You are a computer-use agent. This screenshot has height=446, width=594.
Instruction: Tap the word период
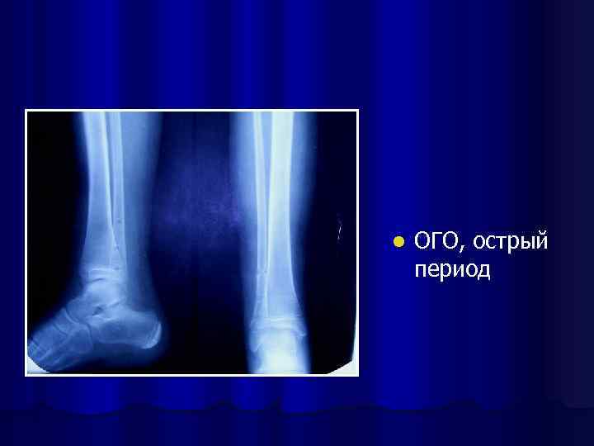(x=452, y=270)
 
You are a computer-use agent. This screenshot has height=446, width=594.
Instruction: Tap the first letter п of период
(x=421, y=272)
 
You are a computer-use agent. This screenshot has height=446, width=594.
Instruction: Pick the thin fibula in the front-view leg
(x=259, y=190)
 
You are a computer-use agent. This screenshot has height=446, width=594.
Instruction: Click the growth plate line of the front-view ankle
(x=276, y=311)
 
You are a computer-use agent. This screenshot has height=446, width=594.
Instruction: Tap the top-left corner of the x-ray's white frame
(x=26, y=111)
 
